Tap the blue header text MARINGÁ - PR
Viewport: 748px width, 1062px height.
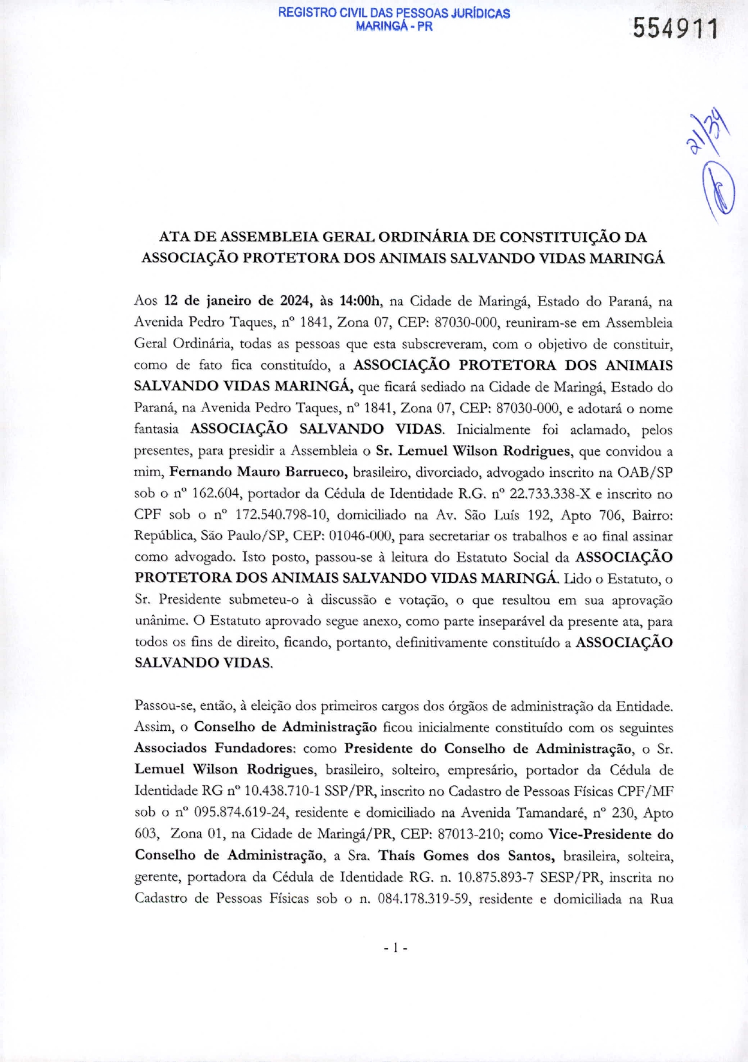(x=394, y=26)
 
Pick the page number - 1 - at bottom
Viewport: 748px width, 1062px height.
(x=395, y=948)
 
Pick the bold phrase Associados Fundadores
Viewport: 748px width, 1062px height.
(x=215, y=749)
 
